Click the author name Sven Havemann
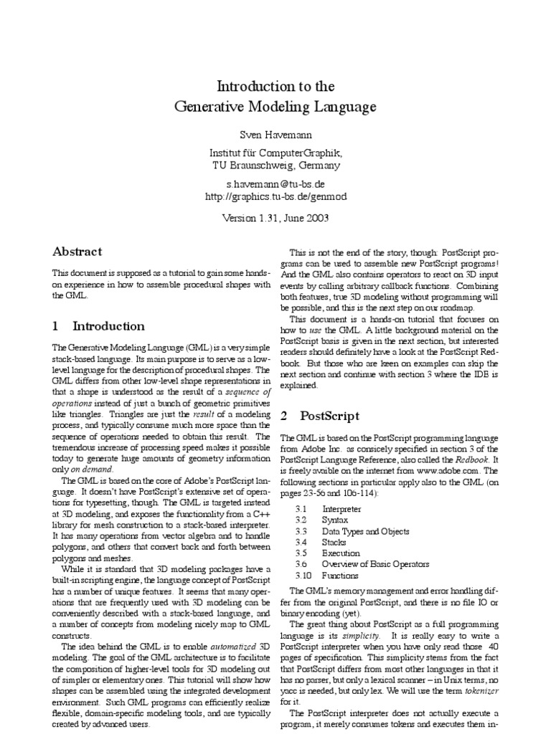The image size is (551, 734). [x=276, y=134]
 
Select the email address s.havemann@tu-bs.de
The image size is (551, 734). [x=276, y=183]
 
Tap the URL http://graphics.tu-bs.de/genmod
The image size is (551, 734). [x=276, y=196]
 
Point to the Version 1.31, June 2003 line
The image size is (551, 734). [x=276, y=218]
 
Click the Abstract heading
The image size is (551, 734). [x=77, y=252]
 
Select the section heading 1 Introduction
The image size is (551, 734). [x=98, y=326]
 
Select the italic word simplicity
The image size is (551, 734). [x=361, y=637]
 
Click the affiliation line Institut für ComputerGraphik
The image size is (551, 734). [x=276, y=153]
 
